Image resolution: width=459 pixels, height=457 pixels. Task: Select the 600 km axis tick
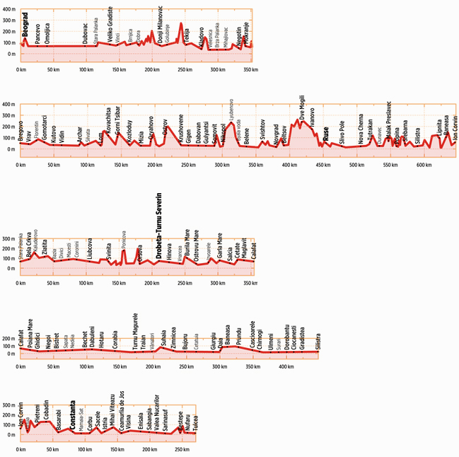point(424,165)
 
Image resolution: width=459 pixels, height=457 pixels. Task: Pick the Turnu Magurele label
point(134,330)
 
